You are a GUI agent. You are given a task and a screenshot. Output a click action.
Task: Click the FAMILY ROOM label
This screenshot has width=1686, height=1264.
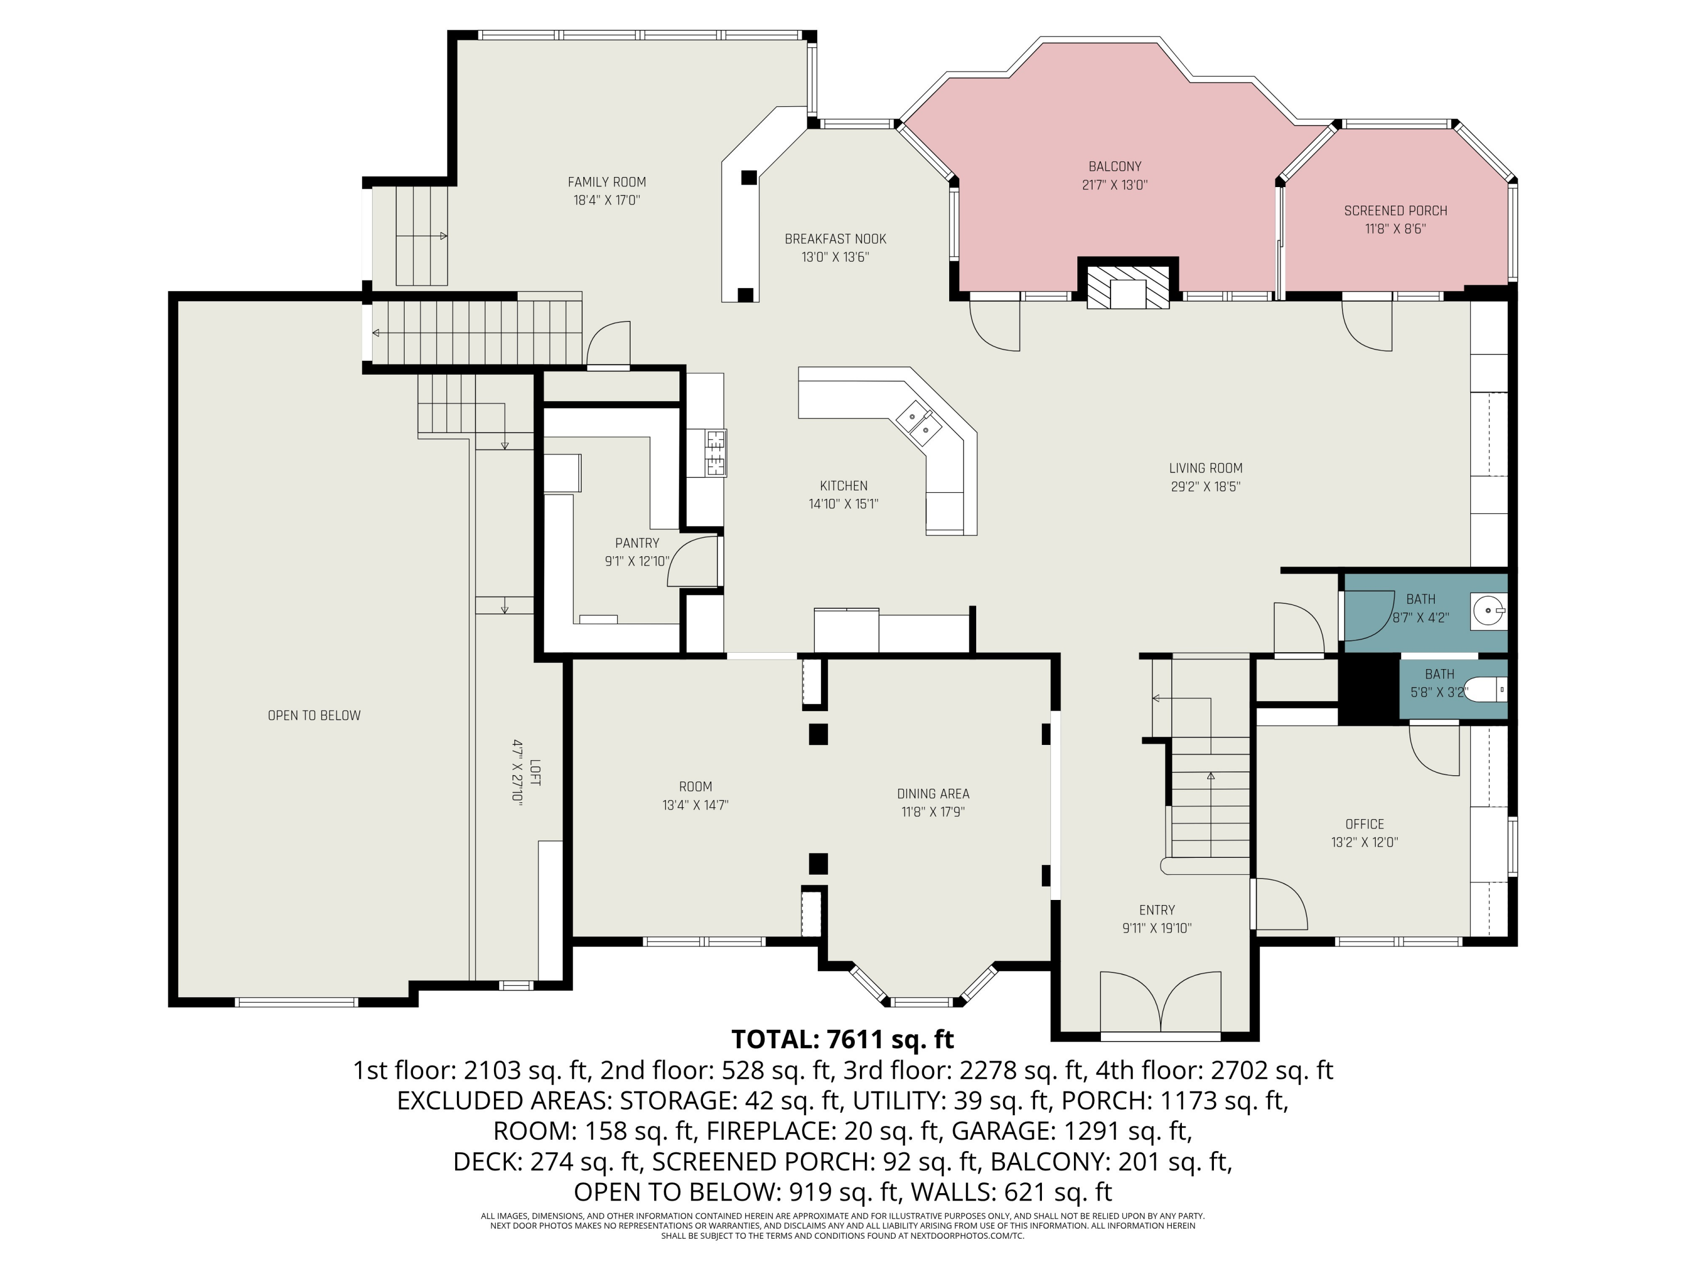pyautogui.click(x=607, y=182)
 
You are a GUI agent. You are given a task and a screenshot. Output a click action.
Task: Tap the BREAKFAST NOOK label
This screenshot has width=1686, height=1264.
pyautogui.click(x=835, y=239)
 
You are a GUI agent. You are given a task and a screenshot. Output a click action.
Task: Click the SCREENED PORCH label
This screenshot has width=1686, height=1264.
pyautogui.click(x=1395, y=211)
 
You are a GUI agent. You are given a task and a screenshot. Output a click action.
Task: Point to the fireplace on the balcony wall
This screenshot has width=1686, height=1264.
pyautogui.click(x=1128, y=287)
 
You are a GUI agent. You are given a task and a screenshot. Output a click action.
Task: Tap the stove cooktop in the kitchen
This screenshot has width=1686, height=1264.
pyautogui.click(x=717, y=453)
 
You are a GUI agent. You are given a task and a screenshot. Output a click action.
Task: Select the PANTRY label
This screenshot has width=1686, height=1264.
pyautogui.click(x=637, y=543)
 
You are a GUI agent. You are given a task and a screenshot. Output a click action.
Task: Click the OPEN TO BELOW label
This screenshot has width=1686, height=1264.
pyautogui.click(x=314, y=716)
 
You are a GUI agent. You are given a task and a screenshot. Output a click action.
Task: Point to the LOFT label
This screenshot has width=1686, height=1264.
pyautogui.click(x=535, y=772)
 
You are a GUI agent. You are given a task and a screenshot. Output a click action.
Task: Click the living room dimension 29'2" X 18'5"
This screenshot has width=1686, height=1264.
pyautogui.click(x=1206, y=487)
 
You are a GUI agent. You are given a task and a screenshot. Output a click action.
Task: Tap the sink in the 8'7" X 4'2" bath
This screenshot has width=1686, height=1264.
pyautogui.click(x=1489, y=610)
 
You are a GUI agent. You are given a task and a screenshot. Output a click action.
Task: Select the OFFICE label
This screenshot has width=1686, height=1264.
pyautogui.click(x=1365, y=824)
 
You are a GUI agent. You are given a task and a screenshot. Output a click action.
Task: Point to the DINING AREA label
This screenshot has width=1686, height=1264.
pyautogui.click(x=933, y=794)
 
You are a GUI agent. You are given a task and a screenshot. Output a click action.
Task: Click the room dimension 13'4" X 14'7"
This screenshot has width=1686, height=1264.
pyautogui.click(x=695, y=806)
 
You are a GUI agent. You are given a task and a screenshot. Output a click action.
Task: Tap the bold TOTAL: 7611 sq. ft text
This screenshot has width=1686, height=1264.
pyautogui.click(x=842, y=1039)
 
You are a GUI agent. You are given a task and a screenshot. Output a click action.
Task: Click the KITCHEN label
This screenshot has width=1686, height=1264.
pyautogui.click(x=844, y=486)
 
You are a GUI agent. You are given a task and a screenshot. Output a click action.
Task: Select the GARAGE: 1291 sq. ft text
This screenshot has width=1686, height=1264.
pyautogui.click(x=1072, y=1131)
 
